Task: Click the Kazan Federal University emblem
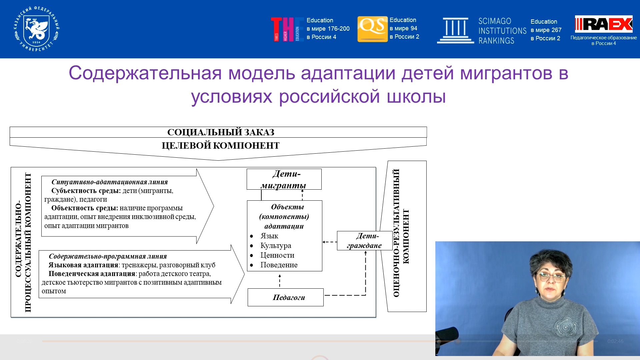(37, 29)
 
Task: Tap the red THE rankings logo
(287, 29)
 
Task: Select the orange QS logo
(372, 29)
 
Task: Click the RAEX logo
(604, 24)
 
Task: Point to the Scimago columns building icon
(455, 30)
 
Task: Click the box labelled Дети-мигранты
(284, 179)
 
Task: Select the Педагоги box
(285, 297)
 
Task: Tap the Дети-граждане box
(365, 241)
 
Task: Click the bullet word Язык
(269, 236)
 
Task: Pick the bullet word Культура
(276, 246)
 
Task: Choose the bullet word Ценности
(277, 255)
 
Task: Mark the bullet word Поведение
(279, 265)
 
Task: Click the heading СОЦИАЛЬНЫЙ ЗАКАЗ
(221, 132)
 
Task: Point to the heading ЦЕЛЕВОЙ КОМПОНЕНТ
(220, 146)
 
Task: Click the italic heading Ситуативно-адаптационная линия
(110, 182)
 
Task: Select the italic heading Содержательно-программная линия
(108, 256)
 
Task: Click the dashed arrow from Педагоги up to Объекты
(280, 281)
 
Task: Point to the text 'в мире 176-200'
(328, 29)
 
